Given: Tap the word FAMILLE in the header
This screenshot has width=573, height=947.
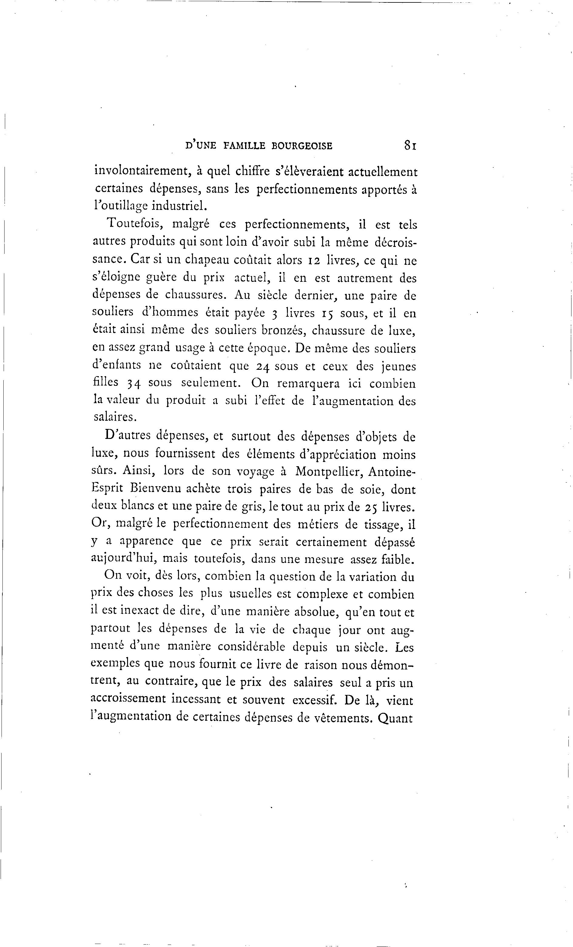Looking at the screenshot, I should (244, 146).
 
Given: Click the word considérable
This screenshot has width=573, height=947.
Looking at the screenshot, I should (251, 647).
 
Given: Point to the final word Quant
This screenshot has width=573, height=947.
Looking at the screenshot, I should (395, 718).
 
